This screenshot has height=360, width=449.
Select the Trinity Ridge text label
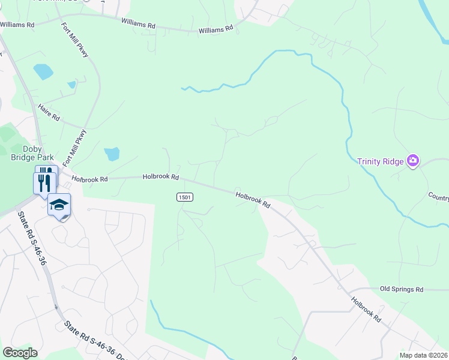click(381, 161)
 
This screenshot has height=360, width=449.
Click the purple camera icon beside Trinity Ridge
click(412, 160)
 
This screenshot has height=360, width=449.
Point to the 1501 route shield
click(184, 197)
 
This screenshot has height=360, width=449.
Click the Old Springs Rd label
click(402, 289)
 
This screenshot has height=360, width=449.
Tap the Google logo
click(20, 353)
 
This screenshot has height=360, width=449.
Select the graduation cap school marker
click(59, 205)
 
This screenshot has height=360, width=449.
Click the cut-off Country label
click(438, 197)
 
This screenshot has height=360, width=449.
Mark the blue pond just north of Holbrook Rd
click(112, 154)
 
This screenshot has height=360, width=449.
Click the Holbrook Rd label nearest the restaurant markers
click(89, 179)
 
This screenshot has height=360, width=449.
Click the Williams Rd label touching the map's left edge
click(17, 25)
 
